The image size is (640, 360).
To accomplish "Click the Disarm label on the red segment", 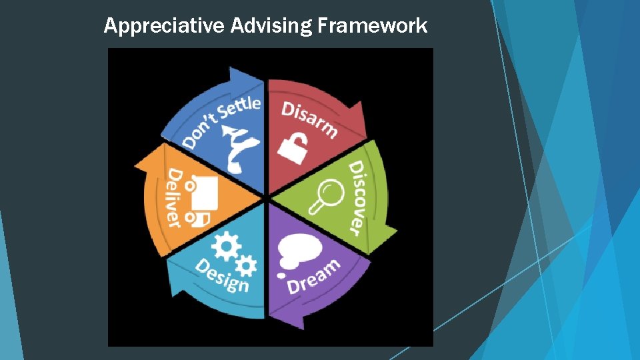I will click(309, 119).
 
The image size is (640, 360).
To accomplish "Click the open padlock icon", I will click(293, 148).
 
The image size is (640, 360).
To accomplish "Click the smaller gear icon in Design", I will click(247, 266).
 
